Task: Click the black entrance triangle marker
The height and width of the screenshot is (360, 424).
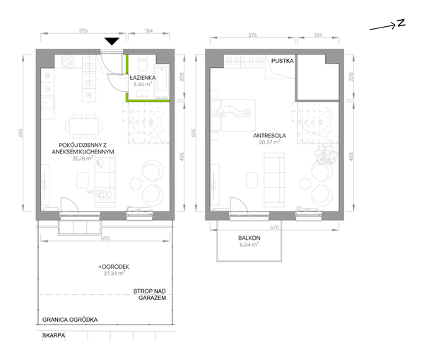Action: [112, 42]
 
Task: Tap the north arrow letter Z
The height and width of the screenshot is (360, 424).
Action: [401, 23]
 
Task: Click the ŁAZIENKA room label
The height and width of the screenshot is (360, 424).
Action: [143, 78]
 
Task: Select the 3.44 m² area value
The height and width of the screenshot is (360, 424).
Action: [143, 84]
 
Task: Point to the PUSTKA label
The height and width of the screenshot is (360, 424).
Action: [282, 61]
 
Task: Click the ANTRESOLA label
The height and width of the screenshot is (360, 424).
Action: [270, 136]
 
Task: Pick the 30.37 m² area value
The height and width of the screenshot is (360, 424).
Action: [269, 142]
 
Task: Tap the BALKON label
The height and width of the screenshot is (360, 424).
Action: [249, 238]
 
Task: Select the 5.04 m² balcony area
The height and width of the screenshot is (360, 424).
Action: [249, 245]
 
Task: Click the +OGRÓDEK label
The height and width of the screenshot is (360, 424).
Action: [114, 267]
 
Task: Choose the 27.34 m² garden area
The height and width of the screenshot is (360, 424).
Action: [114, 274]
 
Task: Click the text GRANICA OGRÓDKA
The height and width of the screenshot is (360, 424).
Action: [70, 320]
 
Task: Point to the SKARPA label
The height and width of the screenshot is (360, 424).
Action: [54, 336]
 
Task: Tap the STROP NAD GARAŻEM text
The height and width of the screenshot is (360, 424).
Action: [150, 294]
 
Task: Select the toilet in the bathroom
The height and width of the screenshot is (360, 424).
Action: [142, 64]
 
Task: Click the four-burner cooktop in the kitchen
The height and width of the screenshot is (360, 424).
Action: [68, 62]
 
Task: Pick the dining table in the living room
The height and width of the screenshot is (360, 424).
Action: [84, 127]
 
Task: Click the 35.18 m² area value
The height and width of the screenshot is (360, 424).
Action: [83, 158]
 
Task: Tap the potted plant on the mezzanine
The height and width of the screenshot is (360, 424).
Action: [326, 155]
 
